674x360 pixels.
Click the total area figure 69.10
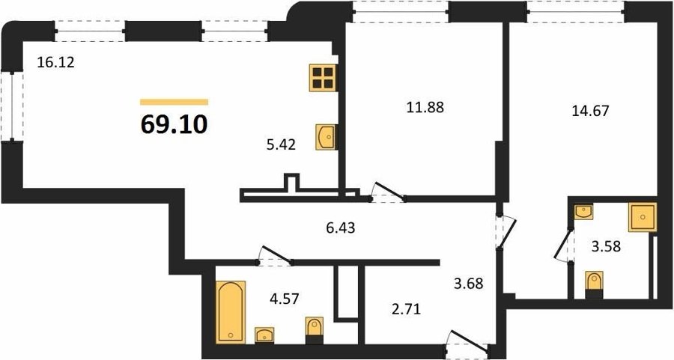click(x=174, y=124)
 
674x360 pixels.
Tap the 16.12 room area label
click(x=56, y=63)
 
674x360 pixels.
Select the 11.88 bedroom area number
click(x=425, y=107)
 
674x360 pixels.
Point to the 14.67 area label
click(x=590, y=112)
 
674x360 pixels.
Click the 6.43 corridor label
click(x=341, y=228)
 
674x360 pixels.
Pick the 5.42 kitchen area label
click(x=281, y=145)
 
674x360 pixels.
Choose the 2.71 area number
click(x=406, y=308)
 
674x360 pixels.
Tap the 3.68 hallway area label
click(x=469, y=284)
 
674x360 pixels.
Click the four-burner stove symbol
click(x=323, y=78)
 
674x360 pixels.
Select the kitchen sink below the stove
click(x=326, y=137)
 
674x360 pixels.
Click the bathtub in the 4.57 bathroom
click(x=231, y=312)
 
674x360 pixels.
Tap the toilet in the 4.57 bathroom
click(x=315, y=330)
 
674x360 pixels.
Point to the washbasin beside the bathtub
click(x=265, y=335)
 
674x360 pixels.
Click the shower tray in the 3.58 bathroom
click(x=643, y=217)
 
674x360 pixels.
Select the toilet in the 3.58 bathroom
click(x=595, y=285)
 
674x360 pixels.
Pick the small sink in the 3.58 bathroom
click(x=583, y=212)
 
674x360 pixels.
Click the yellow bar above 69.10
click(x=174, y=102)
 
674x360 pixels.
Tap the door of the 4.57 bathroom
click(x=275, y=256)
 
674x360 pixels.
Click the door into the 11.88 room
click(x=388, y=192)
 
